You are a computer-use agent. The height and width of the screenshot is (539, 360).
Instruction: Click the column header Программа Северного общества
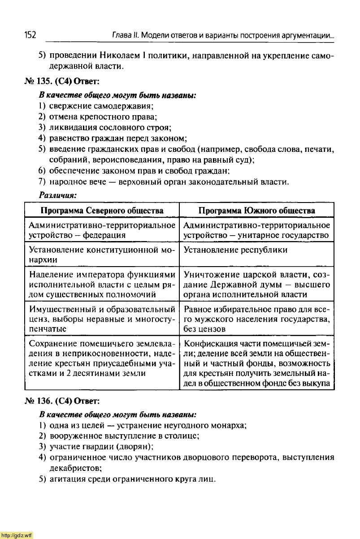(x=102, y=211)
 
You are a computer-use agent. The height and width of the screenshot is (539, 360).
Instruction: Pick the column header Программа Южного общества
(x=256, y=211)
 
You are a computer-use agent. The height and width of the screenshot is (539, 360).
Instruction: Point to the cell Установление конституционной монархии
(x=101, y=254)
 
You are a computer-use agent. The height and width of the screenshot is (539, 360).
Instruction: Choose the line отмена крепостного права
(x=103, y=117)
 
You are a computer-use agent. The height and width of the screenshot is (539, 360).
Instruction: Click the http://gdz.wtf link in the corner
(x=17, y=535)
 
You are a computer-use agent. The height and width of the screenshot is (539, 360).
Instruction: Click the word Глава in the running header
(x=121, y=35)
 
